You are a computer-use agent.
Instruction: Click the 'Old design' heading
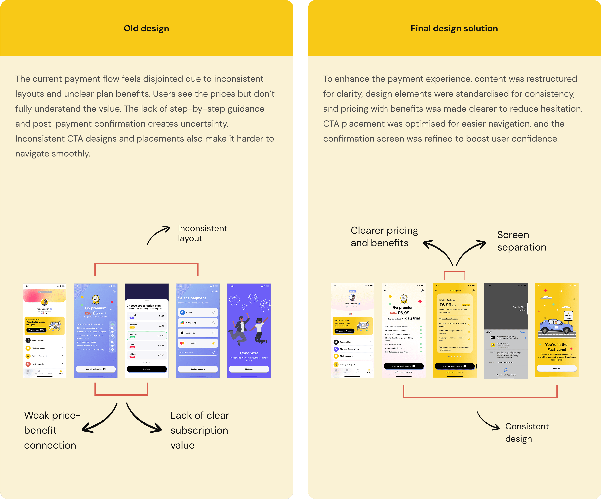146,28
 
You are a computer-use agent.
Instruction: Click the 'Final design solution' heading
454,28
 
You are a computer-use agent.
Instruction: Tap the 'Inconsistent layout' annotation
202,233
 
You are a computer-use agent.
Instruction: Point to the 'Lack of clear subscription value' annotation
199,430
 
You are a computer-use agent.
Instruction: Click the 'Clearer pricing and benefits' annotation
384,236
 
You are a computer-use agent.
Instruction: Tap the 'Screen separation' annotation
521,241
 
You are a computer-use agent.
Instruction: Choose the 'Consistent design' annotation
527,432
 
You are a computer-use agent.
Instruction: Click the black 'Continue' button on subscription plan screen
146,369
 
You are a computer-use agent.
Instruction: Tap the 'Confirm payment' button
198,369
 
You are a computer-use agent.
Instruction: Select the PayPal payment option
198,312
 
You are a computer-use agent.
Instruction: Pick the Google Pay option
198,323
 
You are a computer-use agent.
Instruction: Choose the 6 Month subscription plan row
146,335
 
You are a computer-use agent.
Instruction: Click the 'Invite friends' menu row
44,364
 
